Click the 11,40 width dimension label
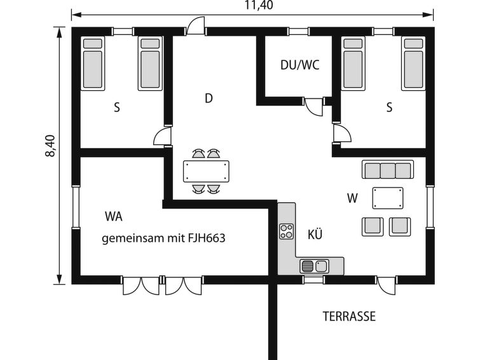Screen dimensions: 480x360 click(x=259, y=5)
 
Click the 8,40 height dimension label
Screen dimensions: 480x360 click(x=50, y=146)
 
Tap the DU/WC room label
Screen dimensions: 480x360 click(x=300, y=65)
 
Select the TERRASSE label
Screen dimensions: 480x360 click(x=349, y=317)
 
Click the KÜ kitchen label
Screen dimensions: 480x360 click(x=315, y=235)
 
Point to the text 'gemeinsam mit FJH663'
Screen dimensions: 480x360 click(x=163, y=238)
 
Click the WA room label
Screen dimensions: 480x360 click(x=114, y=216)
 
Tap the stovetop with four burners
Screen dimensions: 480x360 click(x=287, y=232)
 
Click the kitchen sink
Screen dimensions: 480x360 click(x=314, y=266)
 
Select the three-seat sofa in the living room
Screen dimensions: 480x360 click(x=388, y=169)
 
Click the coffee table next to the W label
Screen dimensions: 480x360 click(x=388, y=198)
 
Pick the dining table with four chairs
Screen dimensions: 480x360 click(x=207, y=171)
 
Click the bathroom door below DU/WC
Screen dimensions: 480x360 click(x=314, y=106)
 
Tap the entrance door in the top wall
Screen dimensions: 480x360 click(x=196, y=25)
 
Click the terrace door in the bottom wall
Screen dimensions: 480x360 click(x=387, y=285)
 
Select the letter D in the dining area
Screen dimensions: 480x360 click(x=209, y=99)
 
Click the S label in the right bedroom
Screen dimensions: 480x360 click(x=389, y=107)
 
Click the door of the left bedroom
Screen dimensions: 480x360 click(x=162, y=136)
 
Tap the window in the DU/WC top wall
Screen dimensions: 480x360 click(x=299, y=32)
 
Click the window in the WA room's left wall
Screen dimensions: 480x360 click(x=76, y=207)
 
